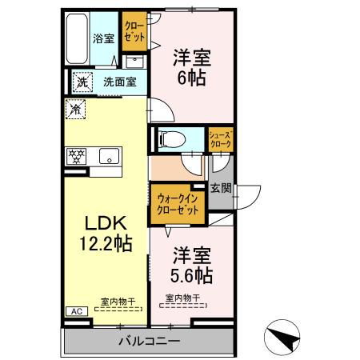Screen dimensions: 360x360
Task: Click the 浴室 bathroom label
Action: click(102, 38)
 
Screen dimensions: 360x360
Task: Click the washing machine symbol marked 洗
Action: click(82, 81)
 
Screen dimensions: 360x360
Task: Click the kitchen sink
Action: click(108, 156)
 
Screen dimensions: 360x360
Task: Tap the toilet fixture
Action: click(170, 138)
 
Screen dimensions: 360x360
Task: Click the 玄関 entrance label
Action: click(221, 189)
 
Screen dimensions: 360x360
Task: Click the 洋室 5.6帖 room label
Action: click(193, 266)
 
